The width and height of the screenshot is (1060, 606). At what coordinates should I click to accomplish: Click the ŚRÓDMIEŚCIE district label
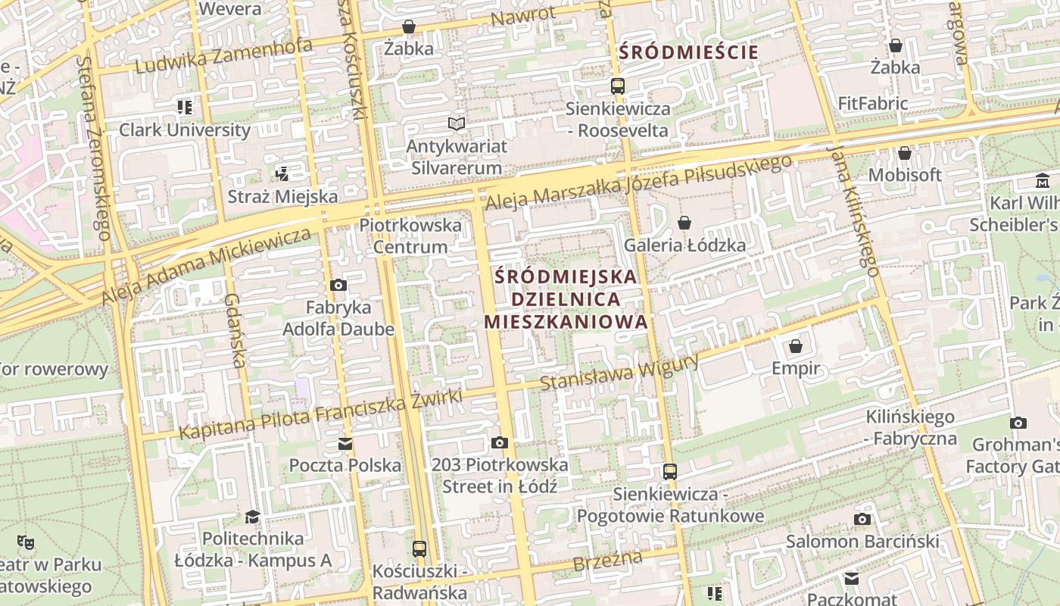pyautogui.click(x=688, y=52)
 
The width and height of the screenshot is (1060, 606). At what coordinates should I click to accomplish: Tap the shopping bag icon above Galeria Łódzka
pyautogui.click(x=684, y=222)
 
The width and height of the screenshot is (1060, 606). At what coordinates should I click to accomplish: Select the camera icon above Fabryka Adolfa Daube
pyautogui.click(x=338, y=285)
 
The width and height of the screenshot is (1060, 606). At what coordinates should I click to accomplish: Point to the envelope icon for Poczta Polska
pyautogui.click(x=345, y=443)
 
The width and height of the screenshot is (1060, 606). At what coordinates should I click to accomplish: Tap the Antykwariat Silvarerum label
pyautogui.click(x=456, y=157)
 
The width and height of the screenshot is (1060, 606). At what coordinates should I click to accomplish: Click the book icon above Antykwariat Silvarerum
pyautogui.click(x=456, y=123)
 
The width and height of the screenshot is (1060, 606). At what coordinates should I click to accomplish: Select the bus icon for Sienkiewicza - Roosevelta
pyautogui.click(x=618, y=86)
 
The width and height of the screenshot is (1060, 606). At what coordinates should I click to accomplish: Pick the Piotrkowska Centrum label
pyautogui.click(x=410, y=236)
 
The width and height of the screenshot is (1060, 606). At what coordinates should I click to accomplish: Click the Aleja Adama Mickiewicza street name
pyautogui.click(x=206, y=267)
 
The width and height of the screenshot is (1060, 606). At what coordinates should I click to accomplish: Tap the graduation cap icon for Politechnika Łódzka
pyautogui.click(x=252, y=517)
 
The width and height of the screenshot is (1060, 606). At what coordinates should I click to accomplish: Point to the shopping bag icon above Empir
pyautogui.click(x=796, y=346)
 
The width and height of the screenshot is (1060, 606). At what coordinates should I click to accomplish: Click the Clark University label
pyautogui.click(x=185, y=130)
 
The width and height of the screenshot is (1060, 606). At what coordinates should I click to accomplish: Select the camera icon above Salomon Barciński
pyautogui.click(x=862, y=519)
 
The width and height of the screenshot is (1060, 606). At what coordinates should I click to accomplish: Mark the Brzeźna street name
pyautogui.click(x=607, y=561)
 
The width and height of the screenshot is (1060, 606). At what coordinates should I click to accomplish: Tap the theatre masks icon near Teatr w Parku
pyautogui.click(x=26, y=542)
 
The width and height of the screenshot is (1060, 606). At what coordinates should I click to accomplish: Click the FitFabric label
pyautogui.click(x=872, y=103)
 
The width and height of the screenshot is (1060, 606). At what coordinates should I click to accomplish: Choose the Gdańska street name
pyautogui.click(x=235, y=331)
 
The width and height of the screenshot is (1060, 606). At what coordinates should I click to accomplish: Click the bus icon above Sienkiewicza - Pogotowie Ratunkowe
pyautogui.click(x=670, y=471)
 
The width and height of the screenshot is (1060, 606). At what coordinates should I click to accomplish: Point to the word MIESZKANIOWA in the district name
pyautogui.click(x=566, y=321)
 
